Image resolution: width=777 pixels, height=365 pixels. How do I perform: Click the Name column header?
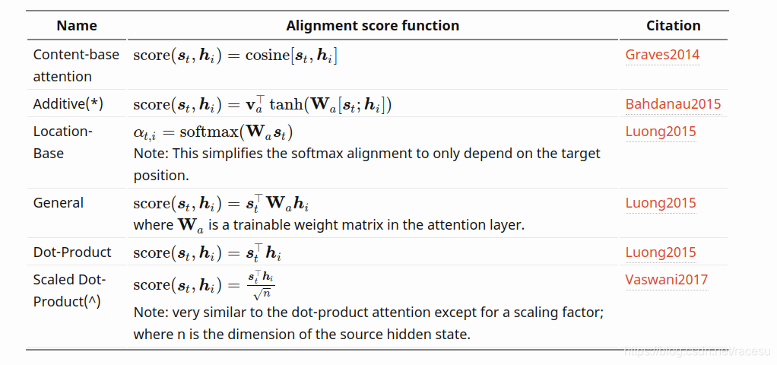tap(77, 25)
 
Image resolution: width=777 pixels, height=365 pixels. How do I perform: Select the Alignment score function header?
tap(373, 25)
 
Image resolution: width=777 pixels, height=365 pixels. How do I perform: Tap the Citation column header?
tap(673, 25)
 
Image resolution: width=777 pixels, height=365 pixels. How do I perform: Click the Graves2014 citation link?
tap(662, 55)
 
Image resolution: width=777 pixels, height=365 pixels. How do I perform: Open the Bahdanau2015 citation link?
tap(673, 104)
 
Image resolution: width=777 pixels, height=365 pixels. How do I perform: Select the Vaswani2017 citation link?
tap(666, 279)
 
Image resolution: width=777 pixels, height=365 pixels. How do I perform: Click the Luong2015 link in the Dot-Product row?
tap(660, 252)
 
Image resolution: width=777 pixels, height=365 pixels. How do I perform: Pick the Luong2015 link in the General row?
tap(660, 203)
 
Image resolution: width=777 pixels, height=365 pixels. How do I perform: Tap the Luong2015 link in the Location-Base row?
tap(660, 132)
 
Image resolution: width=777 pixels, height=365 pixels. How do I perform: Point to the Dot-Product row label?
tap(72, 252)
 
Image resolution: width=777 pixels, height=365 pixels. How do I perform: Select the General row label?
tap(58, 203)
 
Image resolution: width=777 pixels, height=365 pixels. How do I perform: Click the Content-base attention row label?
tap(76, 65)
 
